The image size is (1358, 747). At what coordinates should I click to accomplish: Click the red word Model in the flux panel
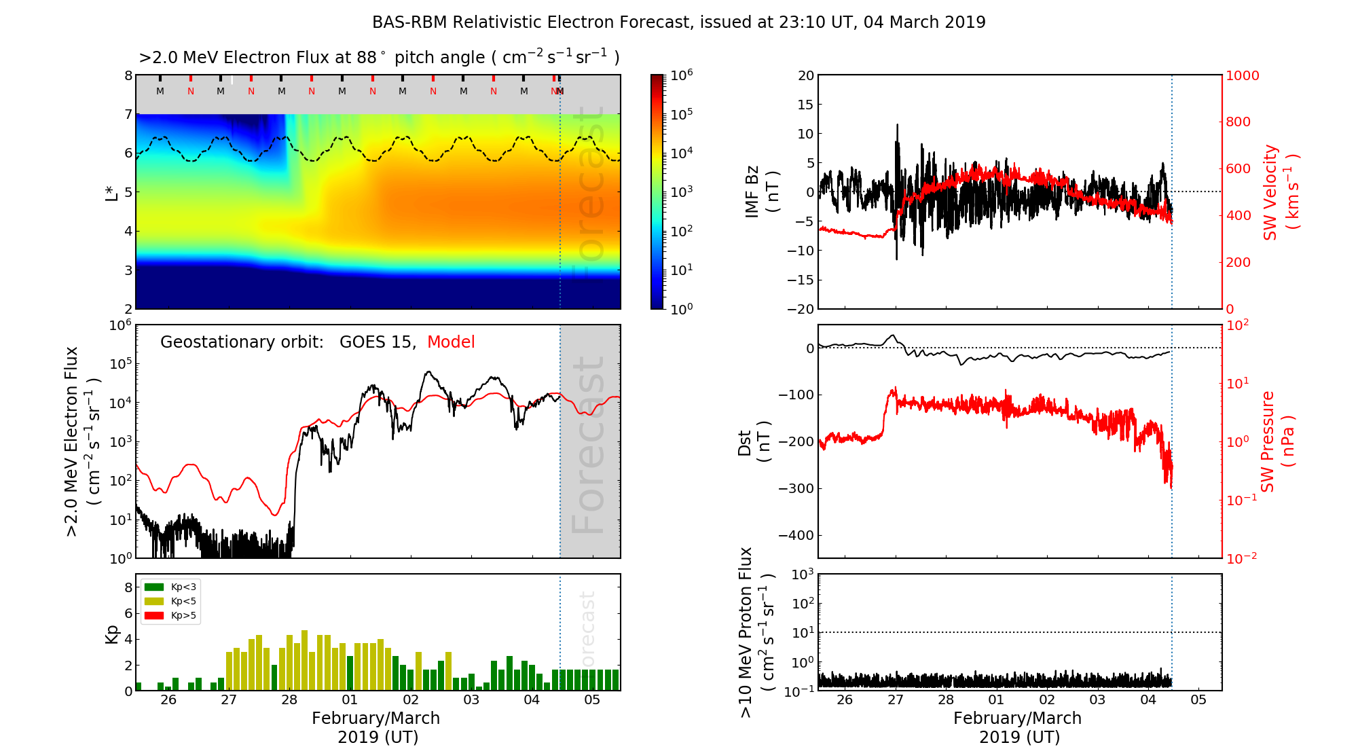451,342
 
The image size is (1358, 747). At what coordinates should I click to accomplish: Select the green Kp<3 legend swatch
154,587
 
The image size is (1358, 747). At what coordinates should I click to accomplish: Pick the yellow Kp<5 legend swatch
154,601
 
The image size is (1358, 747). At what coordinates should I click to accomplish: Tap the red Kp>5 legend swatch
154,616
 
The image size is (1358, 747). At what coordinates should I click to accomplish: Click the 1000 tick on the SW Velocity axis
1242,75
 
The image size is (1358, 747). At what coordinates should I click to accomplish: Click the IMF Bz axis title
761,192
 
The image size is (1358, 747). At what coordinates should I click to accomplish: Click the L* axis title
111,192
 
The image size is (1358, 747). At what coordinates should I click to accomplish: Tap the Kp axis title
111,634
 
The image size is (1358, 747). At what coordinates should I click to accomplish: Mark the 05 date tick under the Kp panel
592,700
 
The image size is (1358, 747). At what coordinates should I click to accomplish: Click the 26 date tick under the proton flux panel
845,700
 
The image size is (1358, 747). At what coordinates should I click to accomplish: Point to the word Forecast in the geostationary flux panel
588,445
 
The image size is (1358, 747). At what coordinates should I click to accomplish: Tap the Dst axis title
754,441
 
